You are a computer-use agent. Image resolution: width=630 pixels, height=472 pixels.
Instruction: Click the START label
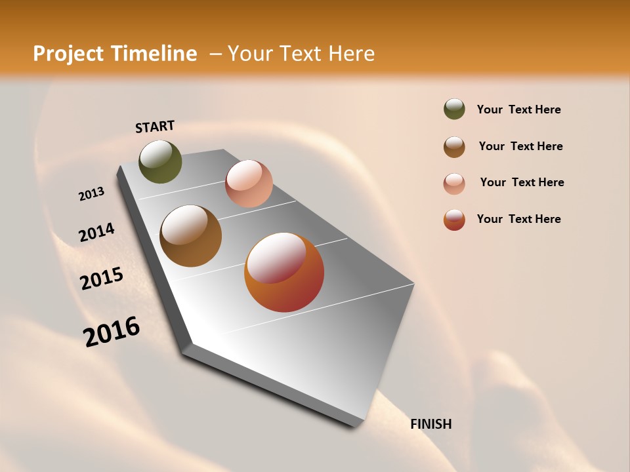click(x=155, y=127)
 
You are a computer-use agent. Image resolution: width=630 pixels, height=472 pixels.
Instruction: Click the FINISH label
click(x=431, y=424)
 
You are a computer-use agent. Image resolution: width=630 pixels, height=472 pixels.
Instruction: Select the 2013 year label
click(x=91, y=194)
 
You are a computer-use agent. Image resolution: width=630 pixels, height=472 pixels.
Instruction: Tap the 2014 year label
click(x=96, y=233)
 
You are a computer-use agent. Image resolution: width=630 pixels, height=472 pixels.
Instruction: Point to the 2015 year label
click(x=102, y=279)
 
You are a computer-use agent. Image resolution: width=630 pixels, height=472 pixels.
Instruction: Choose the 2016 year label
click(x=112, y=332)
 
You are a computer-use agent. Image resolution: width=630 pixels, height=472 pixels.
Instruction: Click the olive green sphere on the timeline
click(x=160, y=161)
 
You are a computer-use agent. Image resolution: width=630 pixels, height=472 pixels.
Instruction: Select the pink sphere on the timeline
click(x=249, y=184)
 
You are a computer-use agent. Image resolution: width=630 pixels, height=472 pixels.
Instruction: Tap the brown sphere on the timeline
click(x=190, y=236)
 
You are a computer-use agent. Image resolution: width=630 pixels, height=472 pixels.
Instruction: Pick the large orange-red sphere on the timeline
click(x=284, y=272)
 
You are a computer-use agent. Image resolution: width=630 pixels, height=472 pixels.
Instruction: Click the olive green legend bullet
click(x=454, y=109)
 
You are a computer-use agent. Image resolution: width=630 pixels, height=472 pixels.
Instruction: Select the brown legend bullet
click(x=454, y=147)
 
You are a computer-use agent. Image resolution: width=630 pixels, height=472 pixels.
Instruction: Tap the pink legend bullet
click(x=454, y=184)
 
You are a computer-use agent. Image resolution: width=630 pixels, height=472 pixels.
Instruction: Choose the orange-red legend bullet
click(x=454, y=220)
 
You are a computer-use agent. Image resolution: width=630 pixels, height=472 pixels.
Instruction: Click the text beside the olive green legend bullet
click(x=518, y=109)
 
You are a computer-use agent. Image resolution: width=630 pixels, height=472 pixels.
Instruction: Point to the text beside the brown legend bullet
click(x=520, y=146)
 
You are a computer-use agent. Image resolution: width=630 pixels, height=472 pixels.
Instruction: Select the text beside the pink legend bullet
click(x=522, y=182)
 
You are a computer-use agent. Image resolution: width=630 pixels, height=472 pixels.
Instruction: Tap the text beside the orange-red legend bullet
click(x=518, y=219)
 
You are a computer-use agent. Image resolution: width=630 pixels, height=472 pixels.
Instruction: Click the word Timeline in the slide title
click(x=156, y=54)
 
